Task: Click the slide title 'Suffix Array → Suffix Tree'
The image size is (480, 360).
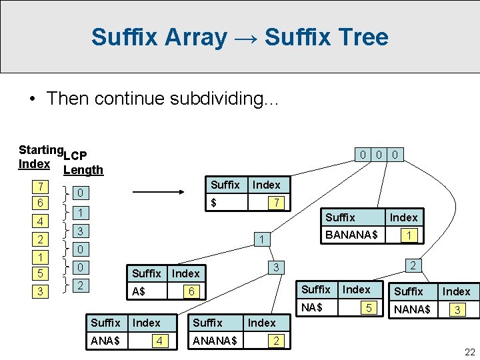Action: point(239,37)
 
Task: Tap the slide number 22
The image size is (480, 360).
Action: point(469,352)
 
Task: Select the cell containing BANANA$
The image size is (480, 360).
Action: point(351,235)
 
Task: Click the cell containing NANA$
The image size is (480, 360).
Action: point(412,310)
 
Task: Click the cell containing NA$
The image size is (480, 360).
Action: point(312,308)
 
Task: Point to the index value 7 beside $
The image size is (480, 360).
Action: point(273,202)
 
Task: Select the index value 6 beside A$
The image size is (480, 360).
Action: point(191,292)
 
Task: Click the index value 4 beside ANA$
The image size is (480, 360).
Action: point(158,341)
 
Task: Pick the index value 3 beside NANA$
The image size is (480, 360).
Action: point(457,310)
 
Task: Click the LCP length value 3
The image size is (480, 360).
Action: point(79,231)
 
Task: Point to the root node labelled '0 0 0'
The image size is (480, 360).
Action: point(378,155)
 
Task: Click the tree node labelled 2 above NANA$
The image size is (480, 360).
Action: point(413,265)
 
